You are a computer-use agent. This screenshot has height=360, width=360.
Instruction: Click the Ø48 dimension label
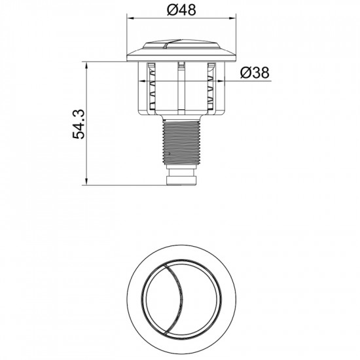coord(181,10)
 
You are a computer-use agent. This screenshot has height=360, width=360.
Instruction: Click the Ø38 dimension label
coord(255,73)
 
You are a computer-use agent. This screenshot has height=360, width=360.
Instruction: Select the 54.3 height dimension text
coord(79,124)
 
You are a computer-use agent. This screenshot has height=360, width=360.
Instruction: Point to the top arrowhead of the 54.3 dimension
coord(86,65)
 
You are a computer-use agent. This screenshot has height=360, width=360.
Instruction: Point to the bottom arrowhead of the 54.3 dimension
coord(86,181)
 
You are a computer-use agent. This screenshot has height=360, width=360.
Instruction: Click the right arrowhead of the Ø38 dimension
coord(221,81)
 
